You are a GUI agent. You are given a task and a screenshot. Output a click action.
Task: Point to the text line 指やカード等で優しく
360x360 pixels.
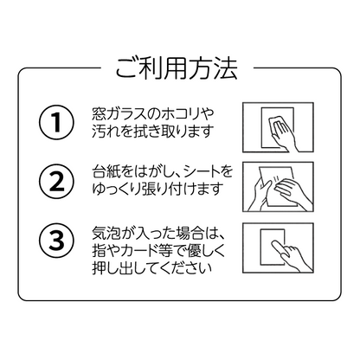tap(160, 252)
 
